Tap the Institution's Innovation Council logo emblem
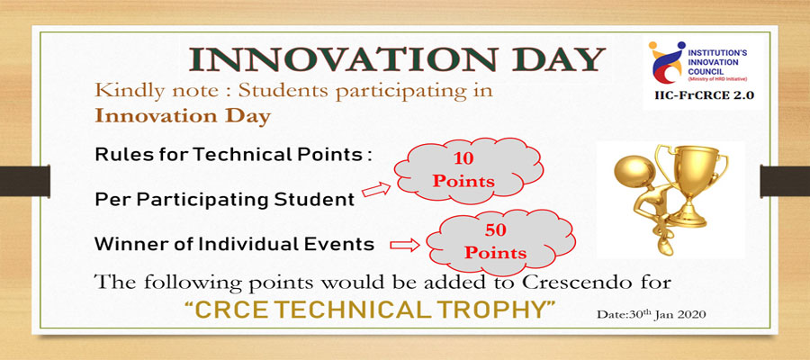[x=667, y=62]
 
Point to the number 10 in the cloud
[x=463, y=158]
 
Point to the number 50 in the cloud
[x=495, y=230]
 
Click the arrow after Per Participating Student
[x=376, y=190]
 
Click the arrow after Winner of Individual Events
[x=404, y=244]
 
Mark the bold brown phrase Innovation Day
[x=183, y=117]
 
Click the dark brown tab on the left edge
[x=25, y=181]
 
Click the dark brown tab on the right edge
[x=785, y=181]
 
